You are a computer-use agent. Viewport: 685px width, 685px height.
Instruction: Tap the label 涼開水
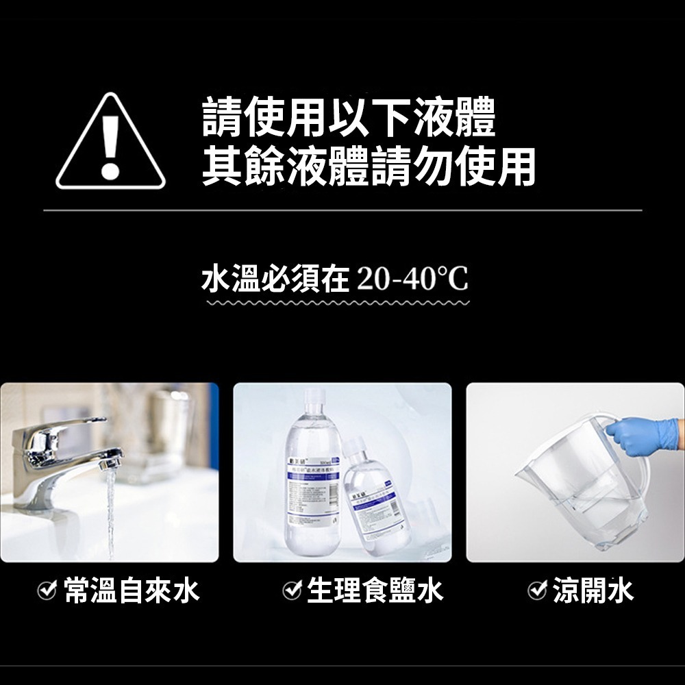click(x=593, y=590)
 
